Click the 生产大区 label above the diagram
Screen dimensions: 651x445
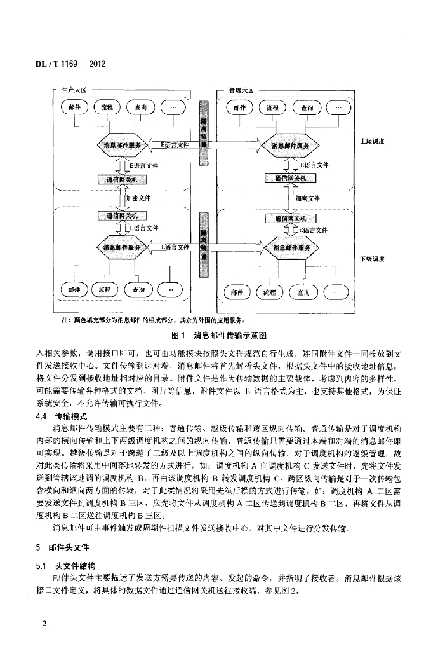pos(72,92)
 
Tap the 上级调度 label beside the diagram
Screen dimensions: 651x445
pos(372,141)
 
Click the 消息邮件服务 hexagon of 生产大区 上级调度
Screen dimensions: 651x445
pos(126,146)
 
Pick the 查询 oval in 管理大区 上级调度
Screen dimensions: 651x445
pos(307,108)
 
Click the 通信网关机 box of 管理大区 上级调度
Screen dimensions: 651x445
pos(289,179)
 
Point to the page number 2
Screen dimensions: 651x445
pos(45,623)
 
